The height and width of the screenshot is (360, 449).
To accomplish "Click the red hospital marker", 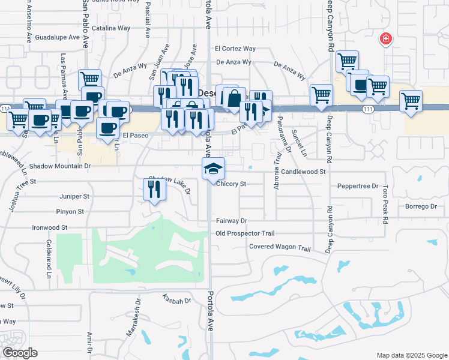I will click(x=386, y=40).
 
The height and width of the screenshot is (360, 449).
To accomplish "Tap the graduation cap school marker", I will click(x=213, y=169).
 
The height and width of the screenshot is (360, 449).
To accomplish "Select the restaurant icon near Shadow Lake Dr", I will click(x=154, y=190).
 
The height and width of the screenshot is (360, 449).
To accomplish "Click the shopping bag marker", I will click(x=234, y=98).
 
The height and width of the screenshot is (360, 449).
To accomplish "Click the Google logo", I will click(x=20, y=352).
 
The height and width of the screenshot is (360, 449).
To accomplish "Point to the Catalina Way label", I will click(x=112, y=28).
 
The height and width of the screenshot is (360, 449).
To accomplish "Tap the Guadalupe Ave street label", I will click(x=58, y=37).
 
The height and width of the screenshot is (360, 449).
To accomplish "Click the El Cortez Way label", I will click(x=235, y=49).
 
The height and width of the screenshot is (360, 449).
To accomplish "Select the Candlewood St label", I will click(x=303, y=172).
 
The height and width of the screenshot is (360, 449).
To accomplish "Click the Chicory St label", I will click(x=232, y=184).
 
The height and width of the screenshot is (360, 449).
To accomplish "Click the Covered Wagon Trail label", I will click(x=280, y=248).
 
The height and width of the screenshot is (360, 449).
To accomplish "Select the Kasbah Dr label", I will click(x=176, y=299).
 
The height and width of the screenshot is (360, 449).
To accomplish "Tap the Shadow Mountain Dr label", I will click(x=59, y=166).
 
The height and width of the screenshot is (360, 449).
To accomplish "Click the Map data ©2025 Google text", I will click(x=411, y=355).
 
